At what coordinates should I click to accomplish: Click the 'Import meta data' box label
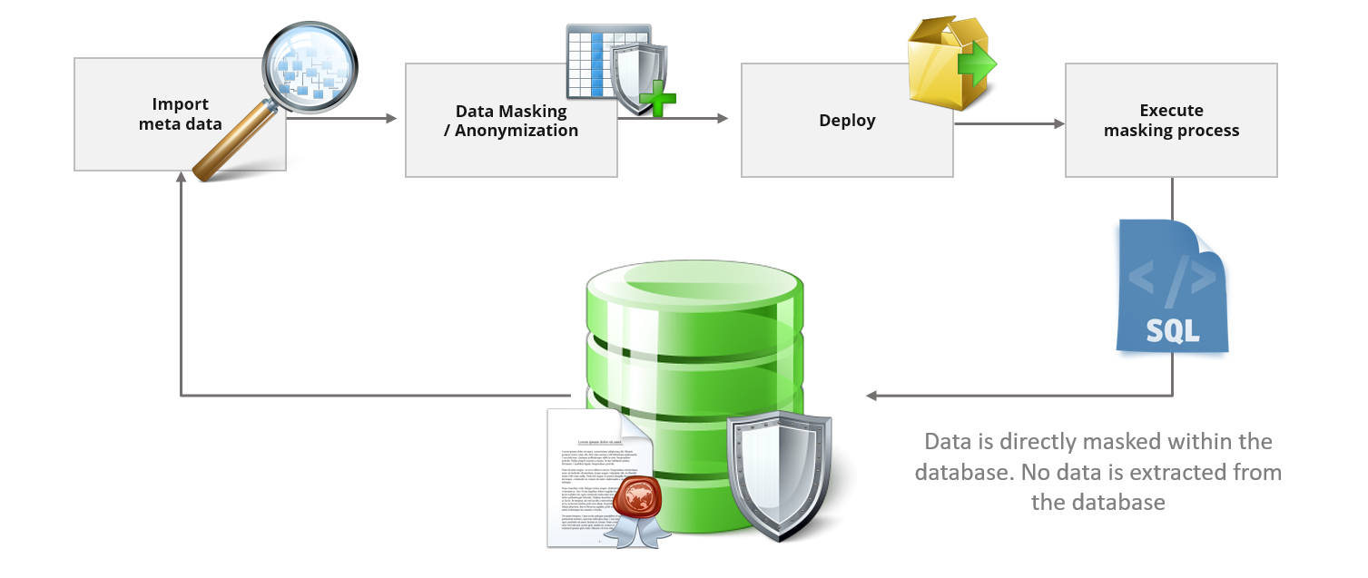click(x=180, y=114)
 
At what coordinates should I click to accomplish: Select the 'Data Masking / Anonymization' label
click(x=511, y=121)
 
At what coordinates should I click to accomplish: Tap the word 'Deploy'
click(x=847, y=121)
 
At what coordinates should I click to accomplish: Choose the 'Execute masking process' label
click(x=1171, y=121)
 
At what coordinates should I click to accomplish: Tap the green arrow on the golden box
click(x=979, y=65)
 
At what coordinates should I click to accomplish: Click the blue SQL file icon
click(x=1171, y=286)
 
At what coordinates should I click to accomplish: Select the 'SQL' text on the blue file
click(x=1172, y=329)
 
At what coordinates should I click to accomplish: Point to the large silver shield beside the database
click(x=778, y=474)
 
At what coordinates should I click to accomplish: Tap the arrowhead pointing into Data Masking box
click(x=392, y=119)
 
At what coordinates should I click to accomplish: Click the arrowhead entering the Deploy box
click(x=723, y=119)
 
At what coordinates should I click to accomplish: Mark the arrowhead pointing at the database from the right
click(x=871, y=396)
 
